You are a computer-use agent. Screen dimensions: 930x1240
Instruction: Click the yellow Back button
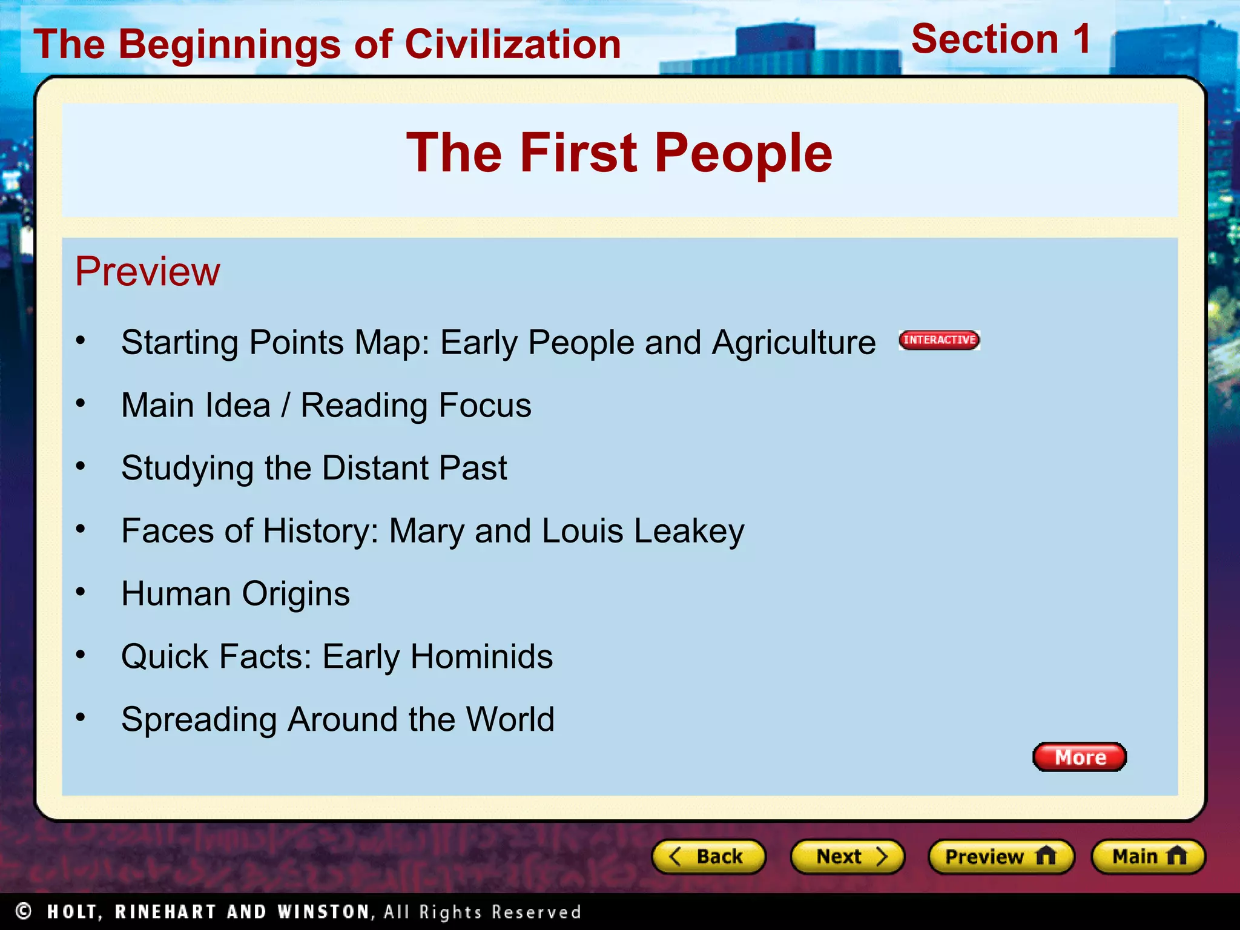(708, 857)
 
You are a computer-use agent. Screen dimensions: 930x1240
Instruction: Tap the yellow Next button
(847, 857)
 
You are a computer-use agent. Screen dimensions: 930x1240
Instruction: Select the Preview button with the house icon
(1001, 857)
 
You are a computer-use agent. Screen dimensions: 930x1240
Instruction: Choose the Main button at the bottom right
(1148, 857)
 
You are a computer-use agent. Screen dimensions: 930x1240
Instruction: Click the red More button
(1080, 757)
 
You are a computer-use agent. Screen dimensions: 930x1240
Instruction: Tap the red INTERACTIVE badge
(939, 340)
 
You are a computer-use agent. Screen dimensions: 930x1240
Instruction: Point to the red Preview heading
(148, 271)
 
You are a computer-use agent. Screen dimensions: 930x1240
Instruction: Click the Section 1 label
(1001, 39)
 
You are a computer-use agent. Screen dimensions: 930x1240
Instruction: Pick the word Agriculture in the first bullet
(793, 343)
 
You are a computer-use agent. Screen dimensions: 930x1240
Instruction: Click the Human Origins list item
(236, 594)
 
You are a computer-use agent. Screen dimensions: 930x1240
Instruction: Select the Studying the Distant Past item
(314, 468)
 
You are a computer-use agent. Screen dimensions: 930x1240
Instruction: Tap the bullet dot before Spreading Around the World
(81, 717)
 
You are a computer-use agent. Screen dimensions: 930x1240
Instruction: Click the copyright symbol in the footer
(24, 911)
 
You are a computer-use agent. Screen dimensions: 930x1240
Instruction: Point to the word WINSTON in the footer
(323, 912)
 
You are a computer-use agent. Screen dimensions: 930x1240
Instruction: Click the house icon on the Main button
(1176, 856)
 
